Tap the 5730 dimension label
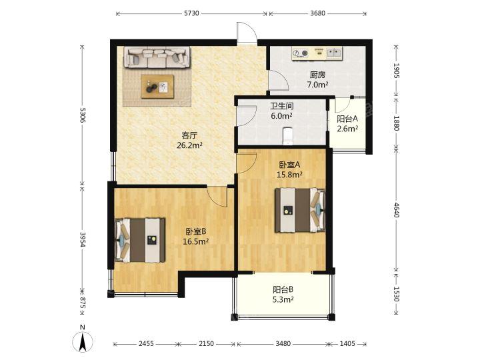coord(191,13)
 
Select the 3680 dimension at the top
coord(317,13)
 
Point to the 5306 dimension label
coord(83,115)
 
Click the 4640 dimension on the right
coord(397,210)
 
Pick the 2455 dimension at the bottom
coord(146,343)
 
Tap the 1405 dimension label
coord(347,343)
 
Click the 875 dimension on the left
coord(83,303)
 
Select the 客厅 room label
coord(189,135)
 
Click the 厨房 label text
coord(317,75)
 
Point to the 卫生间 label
coord(281,106)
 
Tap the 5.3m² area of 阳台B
coord(283,299)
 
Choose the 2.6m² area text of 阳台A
coord(347,129)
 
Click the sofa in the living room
coord(157,57)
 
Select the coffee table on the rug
coord(157,87)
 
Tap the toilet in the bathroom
coord(287,135)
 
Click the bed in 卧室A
coord(300,210)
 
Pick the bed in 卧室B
coord(140,240)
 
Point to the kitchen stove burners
coord(300,53)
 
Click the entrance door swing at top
coord(247,32)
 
